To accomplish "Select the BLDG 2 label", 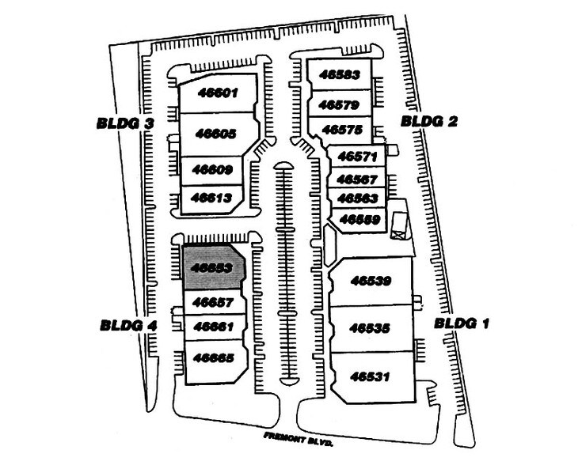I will coord(430,121).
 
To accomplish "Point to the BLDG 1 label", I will coord(462,324).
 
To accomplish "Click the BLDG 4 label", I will coord(129,323).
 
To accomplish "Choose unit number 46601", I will coord(216,93).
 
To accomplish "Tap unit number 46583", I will coord(340,75).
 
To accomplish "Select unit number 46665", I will coord(213,357).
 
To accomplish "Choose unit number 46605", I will coord(215,134).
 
